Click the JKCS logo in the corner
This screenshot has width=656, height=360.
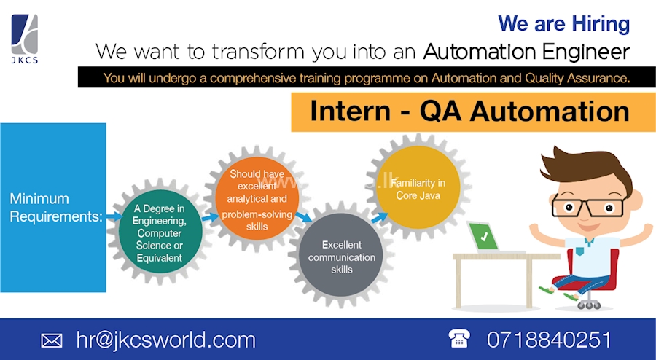tap(25, 37)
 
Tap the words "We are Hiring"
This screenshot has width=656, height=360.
tap(563, 23)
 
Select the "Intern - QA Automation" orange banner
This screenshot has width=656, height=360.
tap(469, 111)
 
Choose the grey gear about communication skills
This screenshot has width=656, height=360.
tap(341, 257)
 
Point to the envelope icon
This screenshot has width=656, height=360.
tap(52, 340)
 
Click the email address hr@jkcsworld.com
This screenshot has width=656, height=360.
tap(165, 340)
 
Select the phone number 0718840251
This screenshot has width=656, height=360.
tap(548, 340)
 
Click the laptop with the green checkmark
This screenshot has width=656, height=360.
tap(484, 237)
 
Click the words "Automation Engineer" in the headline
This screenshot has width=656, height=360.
tap(526, 52)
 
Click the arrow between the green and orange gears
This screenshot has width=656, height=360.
tap(210, 216)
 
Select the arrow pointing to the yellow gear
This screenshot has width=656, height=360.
tap(379, 216)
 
